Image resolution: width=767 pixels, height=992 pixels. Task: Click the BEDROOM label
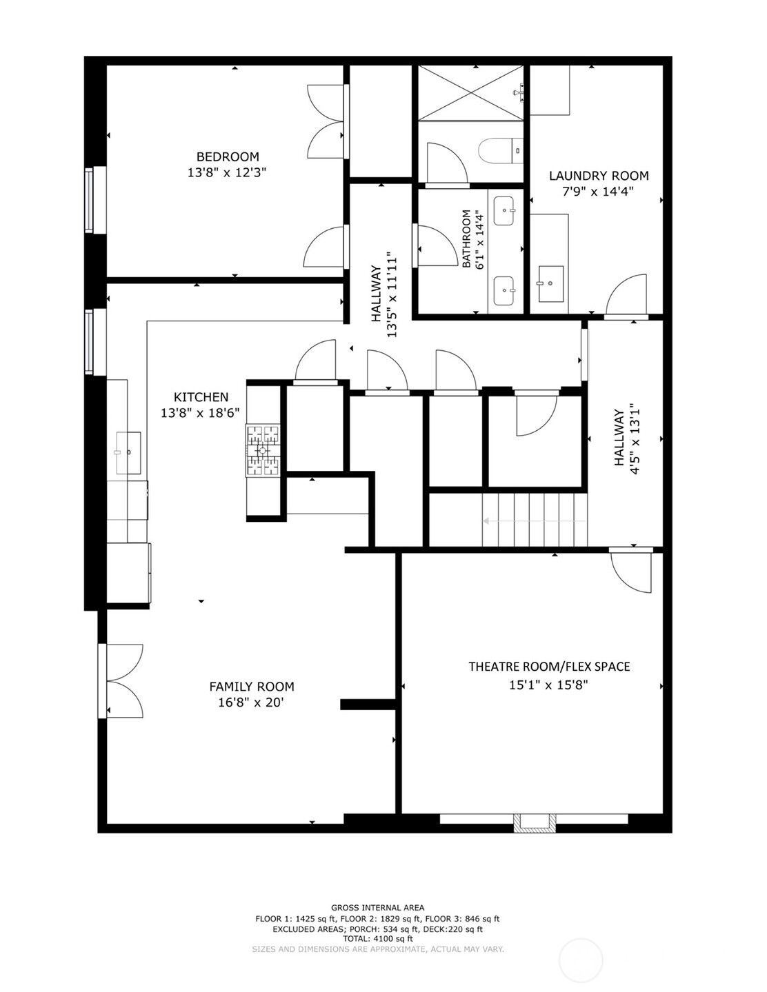click(x=228, y=157)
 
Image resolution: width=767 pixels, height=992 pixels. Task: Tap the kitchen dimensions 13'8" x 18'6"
click(x=200, y=414)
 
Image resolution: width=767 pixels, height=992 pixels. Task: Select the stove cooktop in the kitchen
click(x=263, y=450)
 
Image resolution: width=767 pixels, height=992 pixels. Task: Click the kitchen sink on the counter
click(x=128, y=452)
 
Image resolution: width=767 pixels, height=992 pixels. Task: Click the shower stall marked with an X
click(x=470, y=93)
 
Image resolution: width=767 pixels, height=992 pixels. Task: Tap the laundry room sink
click(x=550, y=283)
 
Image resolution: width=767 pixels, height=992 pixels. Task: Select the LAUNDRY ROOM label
click(x=598, y=176)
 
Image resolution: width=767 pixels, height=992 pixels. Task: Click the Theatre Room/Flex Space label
click(x=549, y=667)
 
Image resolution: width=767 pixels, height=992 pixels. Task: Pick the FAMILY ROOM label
click(x=252, y=687)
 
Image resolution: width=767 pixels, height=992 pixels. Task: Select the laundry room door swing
click(x=626, y=295)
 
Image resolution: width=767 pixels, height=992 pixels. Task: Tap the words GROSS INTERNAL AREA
click(x=377, y=907)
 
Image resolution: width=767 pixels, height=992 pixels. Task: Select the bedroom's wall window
click(x=90, y=200)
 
